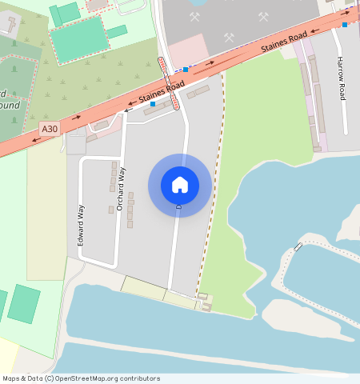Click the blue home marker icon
180,185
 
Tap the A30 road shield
50,128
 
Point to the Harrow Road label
341,78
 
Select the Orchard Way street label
121,189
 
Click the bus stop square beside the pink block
186,70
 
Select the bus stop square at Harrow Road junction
345,25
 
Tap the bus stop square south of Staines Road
153,103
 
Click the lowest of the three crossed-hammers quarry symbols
229,37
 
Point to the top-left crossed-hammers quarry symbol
194,16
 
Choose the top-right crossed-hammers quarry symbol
263,16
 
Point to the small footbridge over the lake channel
298,246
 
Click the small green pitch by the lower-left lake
24,304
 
